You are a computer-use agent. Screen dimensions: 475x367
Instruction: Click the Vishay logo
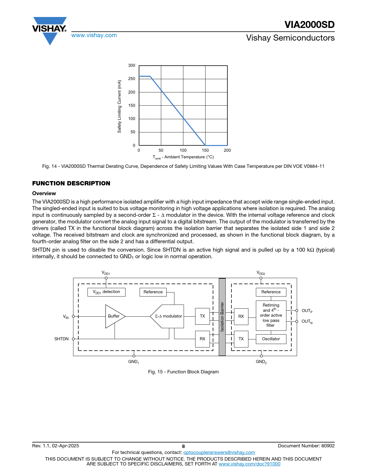coord(50,30)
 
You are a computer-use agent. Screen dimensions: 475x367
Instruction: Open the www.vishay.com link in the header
coord(94,35)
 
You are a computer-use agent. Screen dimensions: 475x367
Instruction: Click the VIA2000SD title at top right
coord(309,25)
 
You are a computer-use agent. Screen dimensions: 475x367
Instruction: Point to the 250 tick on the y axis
coord(132,79)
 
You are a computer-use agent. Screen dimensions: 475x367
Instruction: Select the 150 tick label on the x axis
coord(205,150)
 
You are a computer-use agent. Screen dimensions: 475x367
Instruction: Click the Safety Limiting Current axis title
coord(119,106)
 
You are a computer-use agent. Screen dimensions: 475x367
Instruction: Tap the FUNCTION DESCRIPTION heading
coord(71,183)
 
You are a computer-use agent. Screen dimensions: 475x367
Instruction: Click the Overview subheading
coord(44,193)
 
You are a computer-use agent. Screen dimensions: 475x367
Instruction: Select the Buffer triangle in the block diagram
coord(114,316)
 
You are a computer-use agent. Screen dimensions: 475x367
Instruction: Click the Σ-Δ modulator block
coord(168,316)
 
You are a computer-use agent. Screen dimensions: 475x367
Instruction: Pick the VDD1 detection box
coord(106,292)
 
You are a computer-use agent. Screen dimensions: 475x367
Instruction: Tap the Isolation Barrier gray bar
coord(222,317)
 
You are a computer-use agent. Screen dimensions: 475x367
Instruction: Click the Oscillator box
coord(271,339)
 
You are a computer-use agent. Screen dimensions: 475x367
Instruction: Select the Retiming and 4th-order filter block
coord(271,315)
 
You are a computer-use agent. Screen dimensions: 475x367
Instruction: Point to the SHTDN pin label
coord(62,339)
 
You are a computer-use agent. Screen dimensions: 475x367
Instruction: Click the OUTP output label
coord(307,311)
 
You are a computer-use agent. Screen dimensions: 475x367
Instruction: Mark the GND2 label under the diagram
coord(261,362)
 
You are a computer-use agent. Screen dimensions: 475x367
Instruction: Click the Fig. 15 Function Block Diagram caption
coord(183,372)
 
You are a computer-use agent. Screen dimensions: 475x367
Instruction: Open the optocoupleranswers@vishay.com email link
coord(219,453)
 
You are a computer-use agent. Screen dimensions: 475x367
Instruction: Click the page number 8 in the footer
coord(183,447)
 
